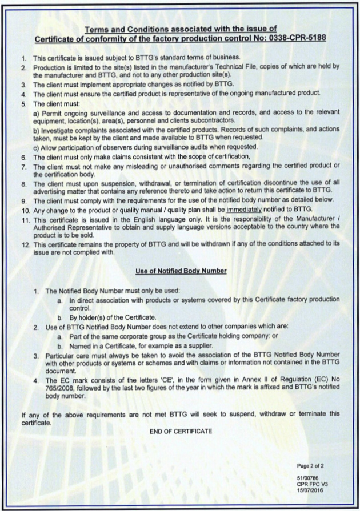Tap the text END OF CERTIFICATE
(181, 432)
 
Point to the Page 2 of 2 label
(310, 466)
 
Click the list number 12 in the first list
(25, 243)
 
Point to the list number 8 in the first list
(25, 184)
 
